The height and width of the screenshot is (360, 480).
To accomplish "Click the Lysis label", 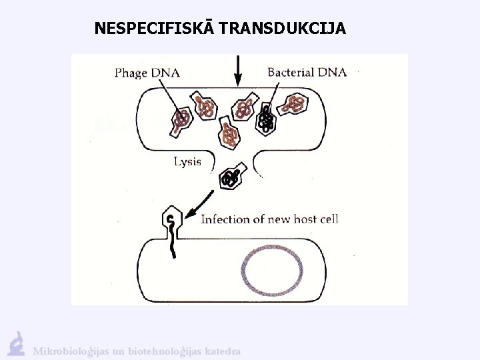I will [x=187, y=162].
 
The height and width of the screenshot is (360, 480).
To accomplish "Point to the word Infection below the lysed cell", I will [x=225, y=219].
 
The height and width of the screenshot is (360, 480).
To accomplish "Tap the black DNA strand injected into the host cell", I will [x=173, y=243].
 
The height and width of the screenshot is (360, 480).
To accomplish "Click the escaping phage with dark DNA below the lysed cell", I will [x=232, y=177].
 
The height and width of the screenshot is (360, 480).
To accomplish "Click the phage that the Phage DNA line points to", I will [x=181, y=121].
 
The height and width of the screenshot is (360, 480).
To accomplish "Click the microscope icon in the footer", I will [x=16, y=343].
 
